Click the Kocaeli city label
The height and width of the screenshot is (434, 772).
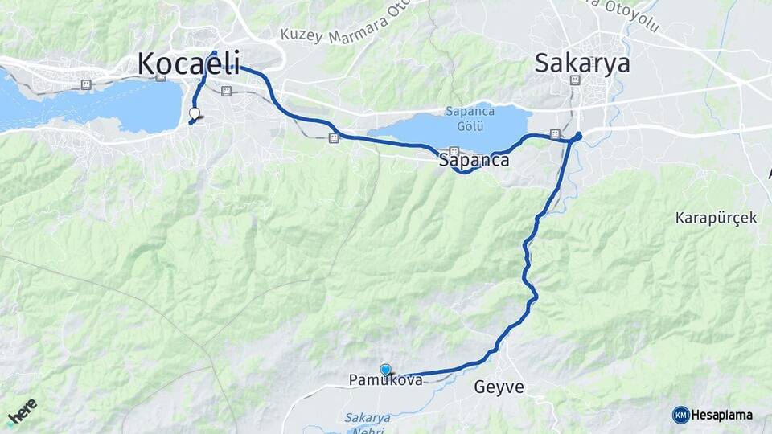click(x=191, y=63)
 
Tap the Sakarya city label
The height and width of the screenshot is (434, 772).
click(x=582, y=63)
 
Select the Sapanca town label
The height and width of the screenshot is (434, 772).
click(x=474, y=160)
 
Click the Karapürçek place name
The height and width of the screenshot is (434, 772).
click(x=716, y=218)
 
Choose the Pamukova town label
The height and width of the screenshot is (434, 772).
click(x=385, y=380)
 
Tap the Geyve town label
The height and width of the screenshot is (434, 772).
click(x=499, y=387)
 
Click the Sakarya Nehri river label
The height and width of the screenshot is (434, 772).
click(x=368, y=423)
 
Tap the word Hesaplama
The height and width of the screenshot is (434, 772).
click(x=723, y=415)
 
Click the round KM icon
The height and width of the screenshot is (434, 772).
click(x=680, y=415)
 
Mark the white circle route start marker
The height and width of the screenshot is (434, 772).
click(x=194, y=113)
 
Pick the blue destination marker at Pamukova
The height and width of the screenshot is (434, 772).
click(x=386, y=370)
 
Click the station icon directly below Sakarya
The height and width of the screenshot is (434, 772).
click(x=574, y=80)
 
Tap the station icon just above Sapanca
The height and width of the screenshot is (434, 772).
click(x=454, y=150)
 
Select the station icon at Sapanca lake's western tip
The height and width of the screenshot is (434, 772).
click(x=333, y=138)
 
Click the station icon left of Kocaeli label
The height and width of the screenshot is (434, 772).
click(x=85, y=84)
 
